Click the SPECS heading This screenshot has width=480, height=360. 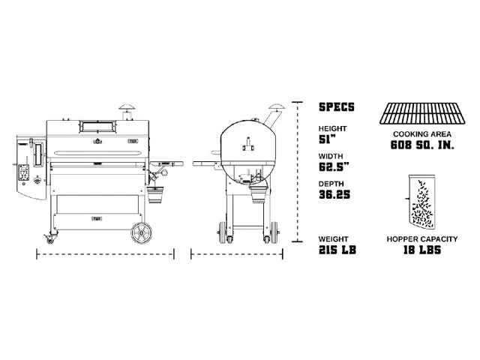[337, 106]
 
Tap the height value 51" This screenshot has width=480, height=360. [327, 140]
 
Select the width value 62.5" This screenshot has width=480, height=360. [334, 167]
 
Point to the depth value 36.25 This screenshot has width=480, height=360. [334, 195]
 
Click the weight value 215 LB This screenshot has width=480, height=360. [337, 250]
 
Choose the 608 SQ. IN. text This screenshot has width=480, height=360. [422, 145]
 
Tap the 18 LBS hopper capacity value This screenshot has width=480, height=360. [422, 250]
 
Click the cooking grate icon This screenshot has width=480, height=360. [422, 113]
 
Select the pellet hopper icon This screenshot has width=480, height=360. [421, 202]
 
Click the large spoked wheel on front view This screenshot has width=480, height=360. [142, 233]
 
